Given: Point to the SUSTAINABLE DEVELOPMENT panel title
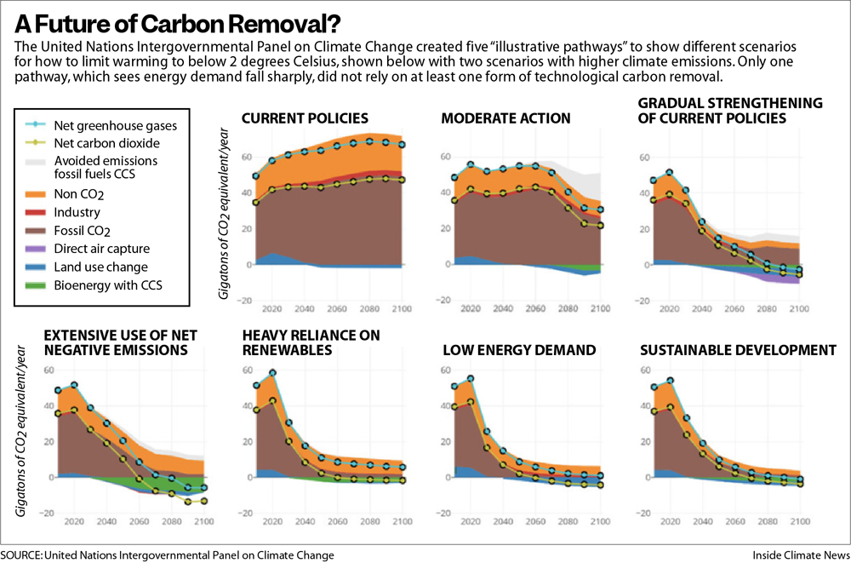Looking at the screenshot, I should (x=738, y=350).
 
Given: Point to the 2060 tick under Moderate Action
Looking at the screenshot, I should (x=533, y=310).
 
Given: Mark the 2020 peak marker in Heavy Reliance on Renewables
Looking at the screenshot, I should (x=273, y=373).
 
